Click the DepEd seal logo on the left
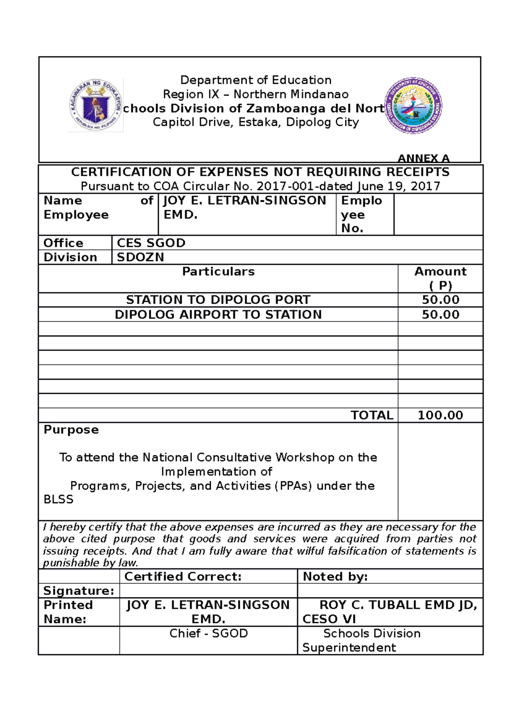click(96, 105)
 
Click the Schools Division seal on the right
click(413, 105)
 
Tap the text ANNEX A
click(423, 158)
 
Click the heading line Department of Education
click(255, 80)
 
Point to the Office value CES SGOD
click(151, 243)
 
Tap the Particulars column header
click(218, 272)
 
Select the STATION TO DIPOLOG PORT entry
click(218, 300)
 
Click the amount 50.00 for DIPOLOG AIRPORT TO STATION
click(440, 315)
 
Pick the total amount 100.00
click(440, 415)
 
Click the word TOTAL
click(372, 415)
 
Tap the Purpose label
click(71, 430)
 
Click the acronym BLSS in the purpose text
click(58, 499)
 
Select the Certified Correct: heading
click(183, 577)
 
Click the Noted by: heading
click(335, 577)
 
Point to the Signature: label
click(79, 591)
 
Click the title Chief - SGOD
click(208, 634)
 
